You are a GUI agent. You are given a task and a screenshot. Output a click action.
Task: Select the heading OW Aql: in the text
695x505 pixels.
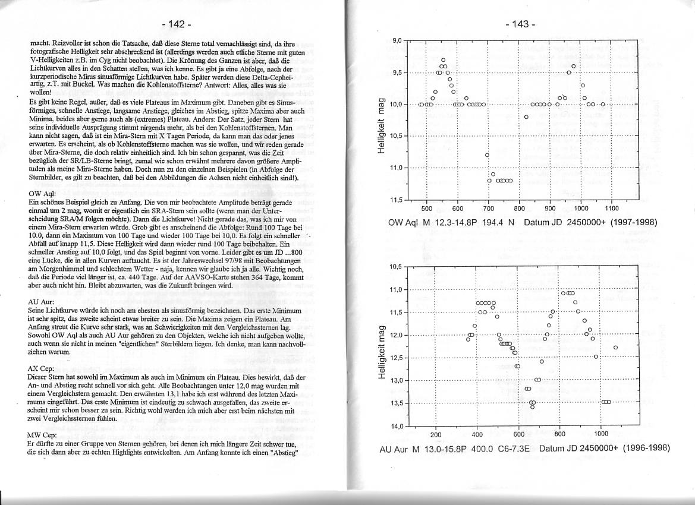point(42,194)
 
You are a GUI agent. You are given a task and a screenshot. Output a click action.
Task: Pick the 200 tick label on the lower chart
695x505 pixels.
point(435,435)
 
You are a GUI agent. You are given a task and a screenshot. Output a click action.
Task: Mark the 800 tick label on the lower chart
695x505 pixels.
point(559,435)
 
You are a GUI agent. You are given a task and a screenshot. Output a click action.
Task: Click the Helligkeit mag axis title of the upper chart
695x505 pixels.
point(383,120)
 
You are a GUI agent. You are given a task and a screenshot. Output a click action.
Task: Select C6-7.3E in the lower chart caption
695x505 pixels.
point(513,448)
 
